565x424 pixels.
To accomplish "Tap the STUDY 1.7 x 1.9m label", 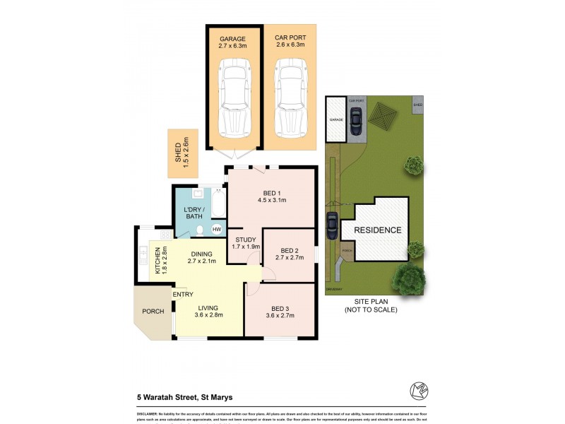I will (244, 242).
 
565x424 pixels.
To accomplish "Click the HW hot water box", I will (217, 230).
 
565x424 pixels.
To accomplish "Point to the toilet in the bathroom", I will (201, 230).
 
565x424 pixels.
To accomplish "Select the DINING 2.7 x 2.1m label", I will (202, 257).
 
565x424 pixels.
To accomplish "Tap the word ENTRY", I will (182, 295).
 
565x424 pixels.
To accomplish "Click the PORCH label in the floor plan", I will (153, 312).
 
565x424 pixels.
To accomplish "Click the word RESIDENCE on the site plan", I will (377, 230).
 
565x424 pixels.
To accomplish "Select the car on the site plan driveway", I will (332, 225).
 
